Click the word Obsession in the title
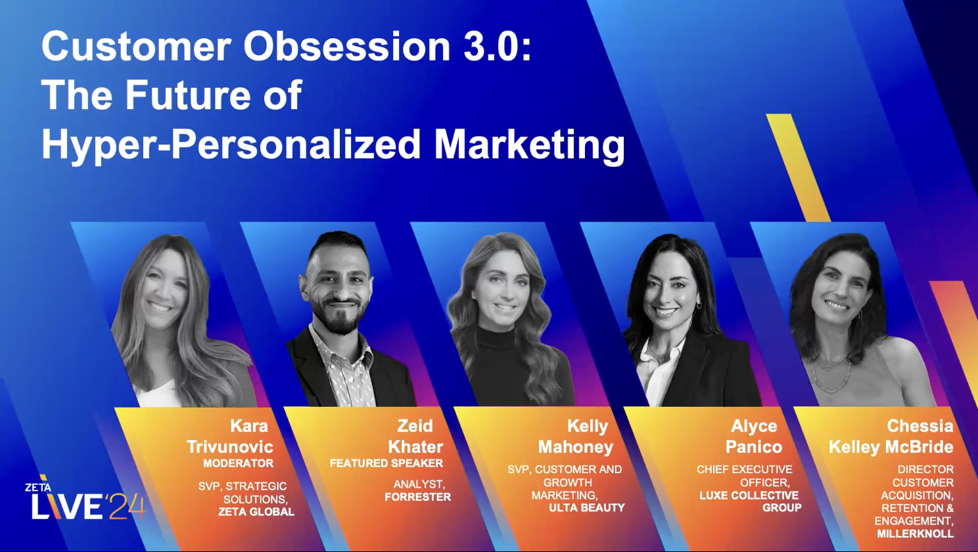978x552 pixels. point(347,47)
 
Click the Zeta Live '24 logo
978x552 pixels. point(84,502)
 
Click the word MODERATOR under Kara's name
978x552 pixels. point(238,463)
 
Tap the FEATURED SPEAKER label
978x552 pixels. point(386,463)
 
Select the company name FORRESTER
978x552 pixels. point(418,497)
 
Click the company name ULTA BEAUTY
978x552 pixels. point(587,507)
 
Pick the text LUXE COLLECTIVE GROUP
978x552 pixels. point(750,501)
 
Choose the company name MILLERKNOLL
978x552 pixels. point(915,534)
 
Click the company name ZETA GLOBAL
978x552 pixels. point(256,512)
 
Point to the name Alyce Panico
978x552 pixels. point(754,436)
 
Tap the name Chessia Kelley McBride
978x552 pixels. point(891,436)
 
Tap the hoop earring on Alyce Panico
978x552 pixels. point(699,306)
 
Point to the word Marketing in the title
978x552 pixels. point(530,144)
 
